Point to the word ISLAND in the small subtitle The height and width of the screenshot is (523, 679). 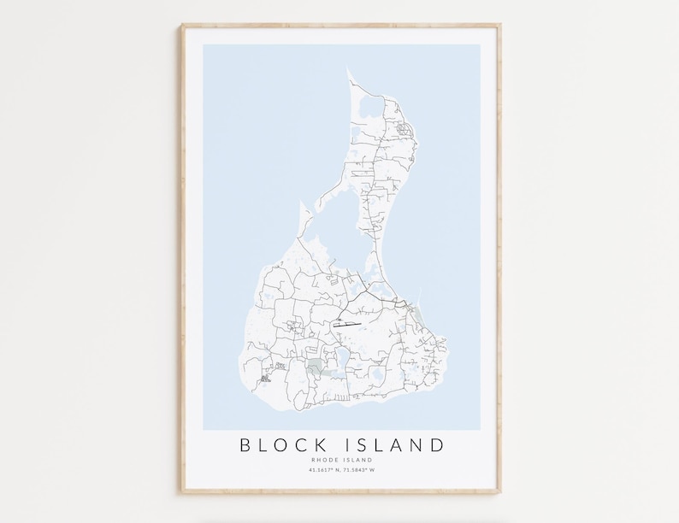click(x=358, y=461)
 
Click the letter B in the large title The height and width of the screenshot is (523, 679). click(x=245, y=444)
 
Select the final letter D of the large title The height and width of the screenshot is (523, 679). click(x=438, y=444)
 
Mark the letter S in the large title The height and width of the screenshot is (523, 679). click(x=365, y=444)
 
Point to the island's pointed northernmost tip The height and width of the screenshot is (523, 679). click(x=348, y=70)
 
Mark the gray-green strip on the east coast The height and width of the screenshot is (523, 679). click(x=417, y=319)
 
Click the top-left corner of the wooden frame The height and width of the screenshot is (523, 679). click(x=182, y=26)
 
